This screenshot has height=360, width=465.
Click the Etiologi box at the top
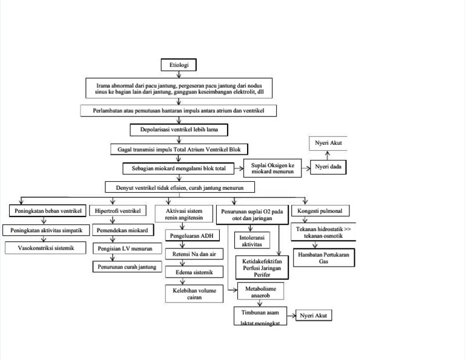click(x=178, y=65)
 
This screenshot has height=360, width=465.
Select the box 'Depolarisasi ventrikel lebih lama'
click(x=179, y=129)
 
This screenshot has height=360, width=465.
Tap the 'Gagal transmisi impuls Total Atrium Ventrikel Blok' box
click(x=179, y=148)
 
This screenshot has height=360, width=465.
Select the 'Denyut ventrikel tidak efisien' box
click(x=179, y=187)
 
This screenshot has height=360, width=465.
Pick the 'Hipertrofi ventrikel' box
click(x=118, y=211)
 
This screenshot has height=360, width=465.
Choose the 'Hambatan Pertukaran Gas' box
click(x=323, y=257)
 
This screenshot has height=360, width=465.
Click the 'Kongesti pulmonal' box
click(x=320, y=211)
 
